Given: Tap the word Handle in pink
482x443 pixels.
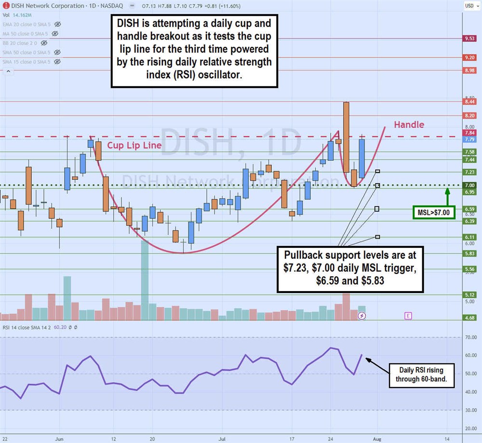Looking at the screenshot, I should [x=409, y=125].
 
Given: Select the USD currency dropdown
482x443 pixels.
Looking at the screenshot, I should [x=469, y=5].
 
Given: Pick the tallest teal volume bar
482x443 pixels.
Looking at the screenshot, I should [x=144, y=280].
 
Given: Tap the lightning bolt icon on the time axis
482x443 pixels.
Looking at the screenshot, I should [x=362, y=316].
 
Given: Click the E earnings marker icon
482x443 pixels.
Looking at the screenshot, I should [x=408, y=316].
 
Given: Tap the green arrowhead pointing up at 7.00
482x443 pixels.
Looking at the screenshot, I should [x=447, y=190].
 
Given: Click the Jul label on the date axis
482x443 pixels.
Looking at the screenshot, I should [x=222, y=439].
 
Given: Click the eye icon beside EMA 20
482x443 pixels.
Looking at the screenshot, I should [x=58, y=24].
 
